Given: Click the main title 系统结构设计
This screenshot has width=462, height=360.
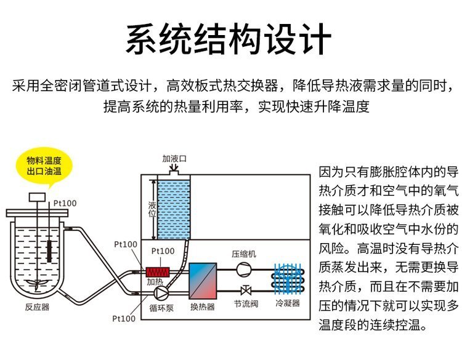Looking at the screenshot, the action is (x=229, y=39).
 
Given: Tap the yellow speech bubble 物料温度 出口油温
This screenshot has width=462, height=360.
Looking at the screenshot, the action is (x=44, y=166).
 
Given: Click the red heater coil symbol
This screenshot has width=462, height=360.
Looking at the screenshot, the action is (x=158, y=272).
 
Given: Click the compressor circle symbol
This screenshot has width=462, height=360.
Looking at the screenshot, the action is (x=244, y=270).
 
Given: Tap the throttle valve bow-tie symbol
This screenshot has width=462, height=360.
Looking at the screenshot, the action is (x=246, y=291).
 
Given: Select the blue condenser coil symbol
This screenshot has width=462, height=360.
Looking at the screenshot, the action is (x=288, y=279).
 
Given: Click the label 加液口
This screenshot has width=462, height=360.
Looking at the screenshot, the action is (x=174, y=159).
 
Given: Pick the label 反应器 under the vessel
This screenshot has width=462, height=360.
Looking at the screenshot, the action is (x=37, y=307).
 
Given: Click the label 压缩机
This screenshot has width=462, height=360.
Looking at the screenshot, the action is (x=244, y=254).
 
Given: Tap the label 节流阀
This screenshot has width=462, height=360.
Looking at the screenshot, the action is (x=246, y=304).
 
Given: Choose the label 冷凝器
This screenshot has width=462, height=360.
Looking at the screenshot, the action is (x=288, y=303).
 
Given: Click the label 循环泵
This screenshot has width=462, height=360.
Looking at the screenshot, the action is (x=161, y=308).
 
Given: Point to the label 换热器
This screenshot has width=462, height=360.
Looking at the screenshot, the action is (x=203, y=307).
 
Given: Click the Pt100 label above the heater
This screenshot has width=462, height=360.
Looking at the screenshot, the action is (x=163, y=251).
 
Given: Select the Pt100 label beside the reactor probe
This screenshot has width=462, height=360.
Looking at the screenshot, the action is (x=65, y=204).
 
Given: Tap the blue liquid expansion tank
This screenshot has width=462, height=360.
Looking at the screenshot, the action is (x=174, y=210).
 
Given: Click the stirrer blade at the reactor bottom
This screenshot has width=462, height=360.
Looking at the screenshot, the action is (x=37, y=282).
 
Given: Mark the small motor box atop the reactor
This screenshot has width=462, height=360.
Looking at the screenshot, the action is (x=37, y=197).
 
